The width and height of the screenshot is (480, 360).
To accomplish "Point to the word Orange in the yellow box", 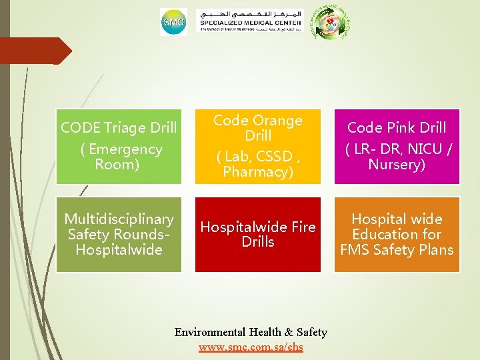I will (277, 121).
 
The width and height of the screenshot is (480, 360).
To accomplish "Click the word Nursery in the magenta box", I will (397, 165).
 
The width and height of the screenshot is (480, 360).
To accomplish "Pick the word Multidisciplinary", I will (119, 219).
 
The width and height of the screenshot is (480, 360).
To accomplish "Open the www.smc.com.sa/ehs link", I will (251, 347).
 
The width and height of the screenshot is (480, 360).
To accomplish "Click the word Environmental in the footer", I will (210, 332).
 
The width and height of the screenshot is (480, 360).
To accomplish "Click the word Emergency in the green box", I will (125, 149).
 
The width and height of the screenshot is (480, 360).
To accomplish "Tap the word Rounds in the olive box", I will (139, 235).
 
